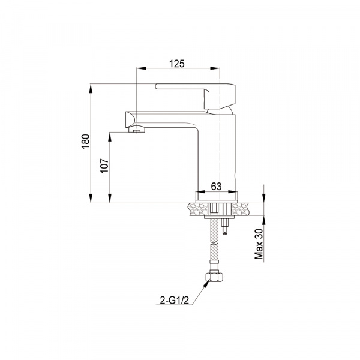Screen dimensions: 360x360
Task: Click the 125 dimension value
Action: click(177, 64)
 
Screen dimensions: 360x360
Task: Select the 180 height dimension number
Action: click(86, 142)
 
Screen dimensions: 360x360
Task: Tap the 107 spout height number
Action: click(104, 166)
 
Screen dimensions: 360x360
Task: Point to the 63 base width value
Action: click(216, 186)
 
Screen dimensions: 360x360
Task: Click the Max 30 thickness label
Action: click(259, 244)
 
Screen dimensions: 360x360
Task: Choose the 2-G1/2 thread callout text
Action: click(174, 300)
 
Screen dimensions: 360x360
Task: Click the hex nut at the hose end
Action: click(214, 277)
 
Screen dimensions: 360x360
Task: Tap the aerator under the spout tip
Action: click(137, 130)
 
